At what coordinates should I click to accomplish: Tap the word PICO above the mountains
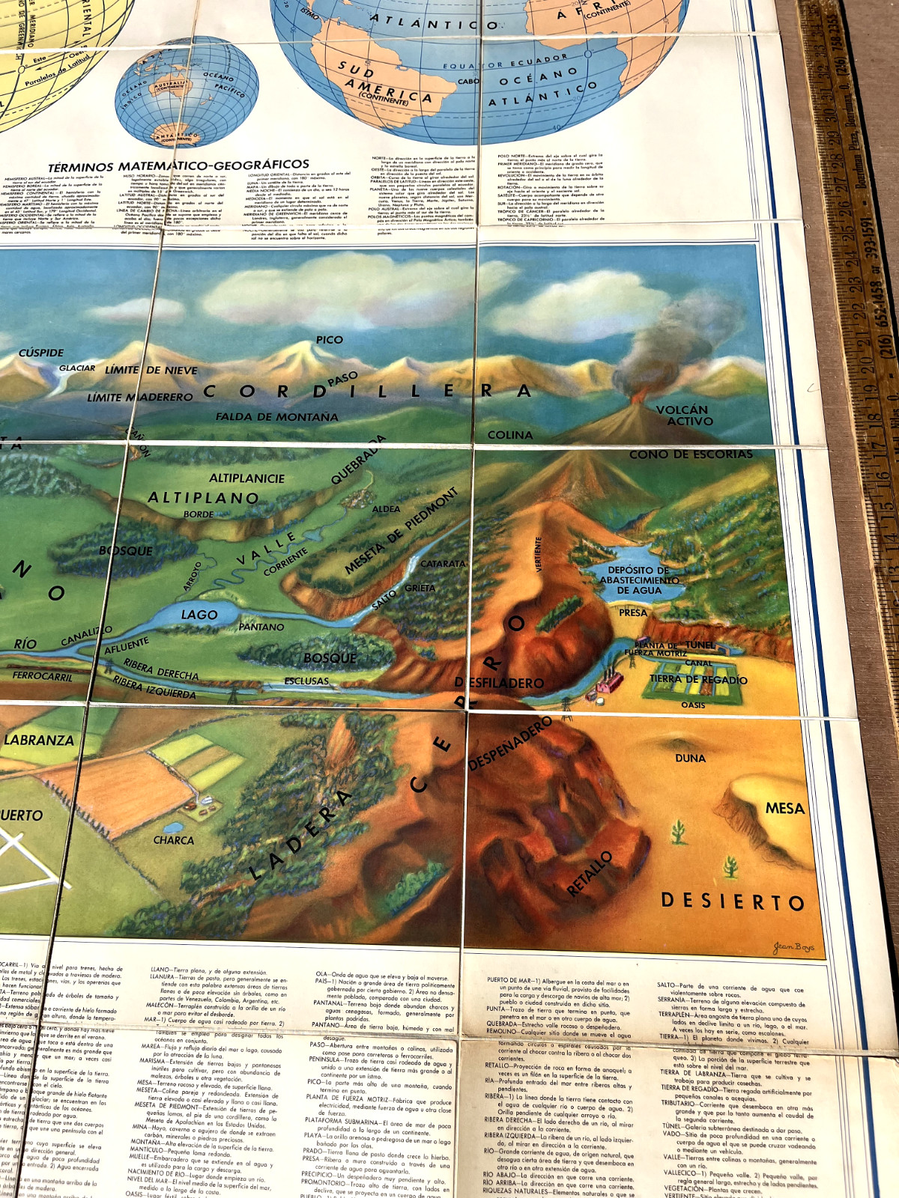point(330,340)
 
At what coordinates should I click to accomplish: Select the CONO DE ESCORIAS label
point(690,454)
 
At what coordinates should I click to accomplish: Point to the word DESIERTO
point(733,901)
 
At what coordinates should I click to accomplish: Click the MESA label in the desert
point(784,809)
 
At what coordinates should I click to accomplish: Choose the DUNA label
point(690,758)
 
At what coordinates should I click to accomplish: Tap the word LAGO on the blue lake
point(199,615)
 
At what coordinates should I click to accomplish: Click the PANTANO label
point(261,627)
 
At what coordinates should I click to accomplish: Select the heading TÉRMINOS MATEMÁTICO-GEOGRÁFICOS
point(178,165)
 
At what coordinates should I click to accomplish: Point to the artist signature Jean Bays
point(793,947)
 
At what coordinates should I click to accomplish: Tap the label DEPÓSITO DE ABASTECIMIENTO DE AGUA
point(639,580)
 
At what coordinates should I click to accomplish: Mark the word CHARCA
point(174,840)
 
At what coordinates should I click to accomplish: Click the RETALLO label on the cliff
point(590,874)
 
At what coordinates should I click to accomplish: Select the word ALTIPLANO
point(203,498)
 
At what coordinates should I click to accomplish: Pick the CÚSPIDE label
point(41,353)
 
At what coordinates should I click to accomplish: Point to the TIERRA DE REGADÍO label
point(698,680)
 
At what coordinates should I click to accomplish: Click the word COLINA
point(510,435)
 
